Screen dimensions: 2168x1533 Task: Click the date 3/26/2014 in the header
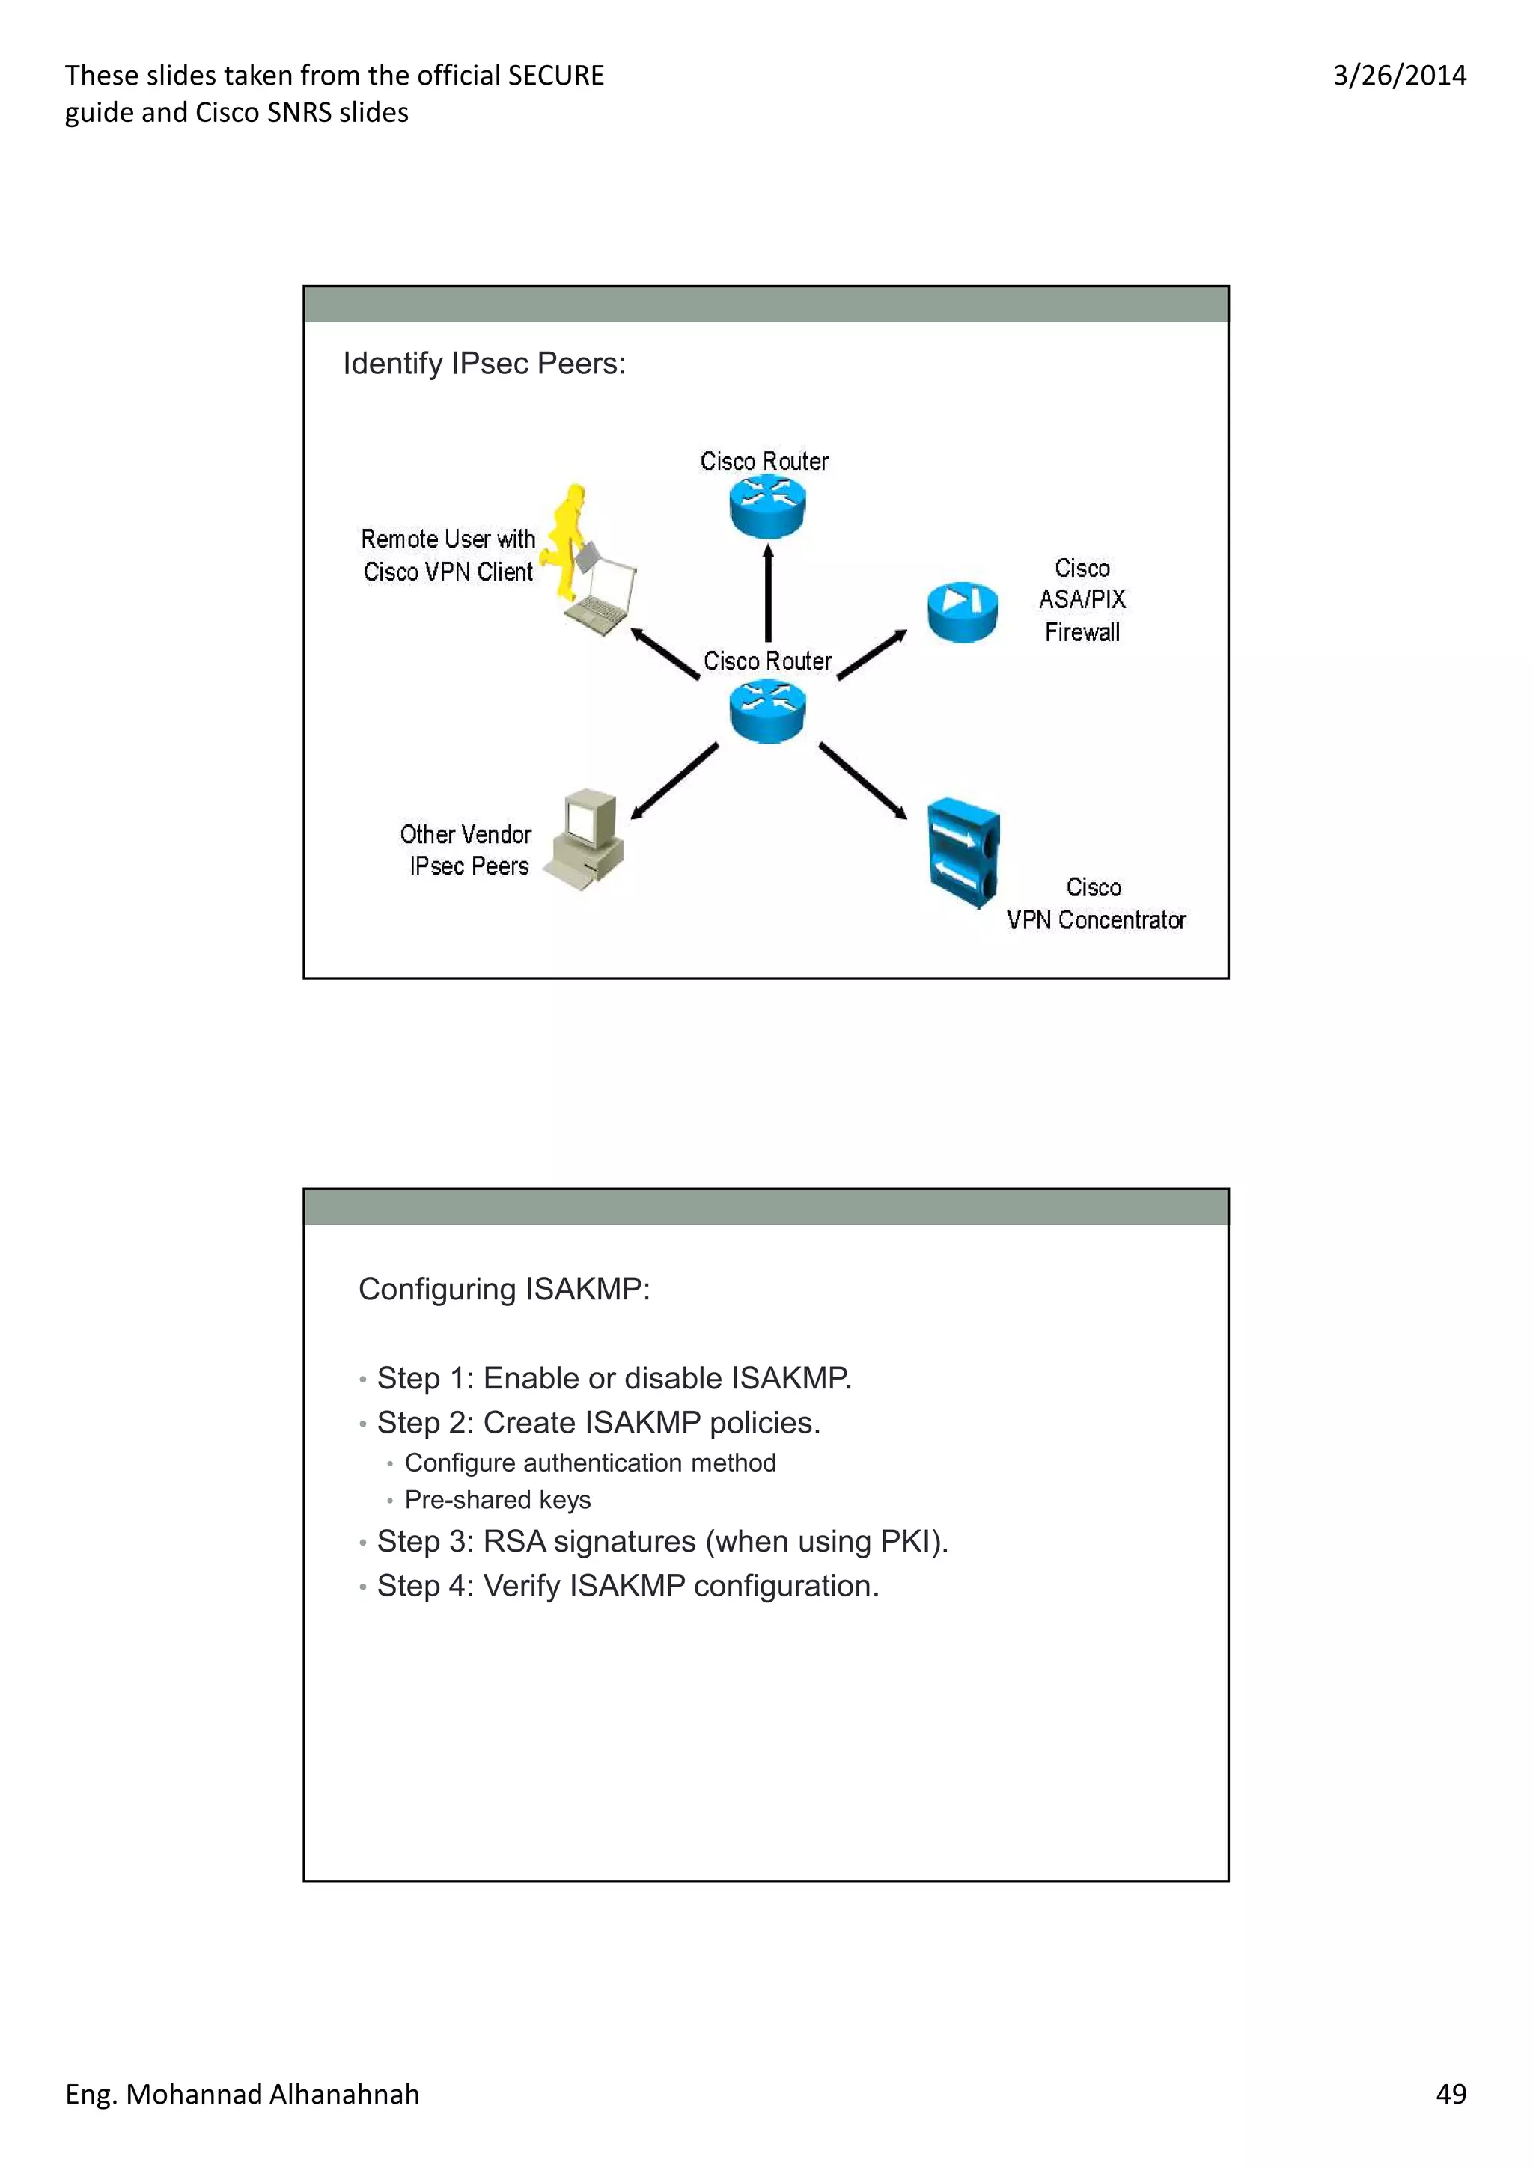1399,76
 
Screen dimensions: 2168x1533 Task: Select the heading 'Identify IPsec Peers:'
484,364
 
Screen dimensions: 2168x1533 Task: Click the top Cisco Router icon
767,506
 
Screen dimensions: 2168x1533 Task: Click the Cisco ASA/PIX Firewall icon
962,612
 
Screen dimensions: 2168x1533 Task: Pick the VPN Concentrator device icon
963,853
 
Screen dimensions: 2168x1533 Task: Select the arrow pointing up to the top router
768,592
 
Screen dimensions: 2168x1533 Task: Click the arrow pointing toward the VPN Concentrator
862,781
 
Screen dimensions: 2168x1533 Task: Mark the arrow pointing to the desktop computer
674,781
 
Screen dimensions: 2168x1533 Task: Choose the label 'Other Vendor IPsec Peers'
466,850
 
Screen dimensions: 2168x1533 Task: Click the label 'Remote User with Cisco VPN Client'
448,555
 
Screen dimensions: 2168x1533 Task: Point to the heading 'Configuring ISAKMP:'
504,1289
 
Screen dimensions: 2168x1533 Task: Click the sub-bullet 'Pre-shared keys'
498,1499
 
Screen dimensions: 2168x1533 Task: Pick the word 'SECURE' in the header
555,76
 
